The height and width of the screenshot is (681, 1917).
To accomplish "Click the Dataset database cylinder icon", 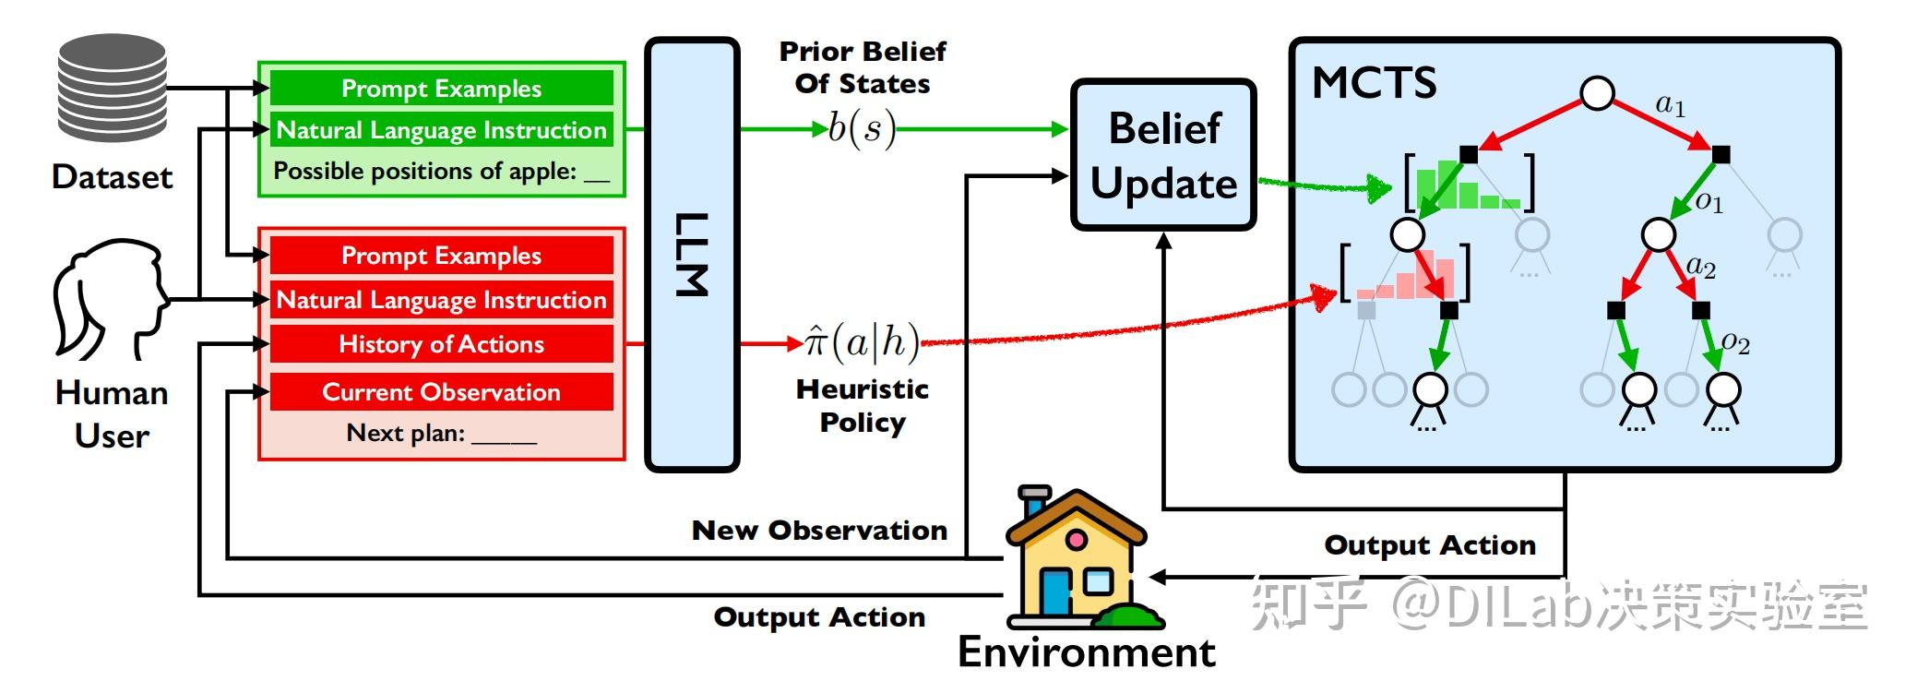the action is pos(113,88).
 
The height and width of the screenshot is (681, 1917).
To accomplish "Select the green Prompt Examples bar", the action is pos(441,89).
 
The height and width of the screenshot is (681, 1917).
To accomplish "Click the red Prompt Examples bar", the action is pos(441,256).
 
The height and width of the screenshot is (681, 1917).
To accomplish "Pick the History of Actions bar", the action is pos(441,344).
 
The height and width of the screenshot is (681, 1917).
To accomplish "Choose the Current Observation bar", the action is pos(441,392).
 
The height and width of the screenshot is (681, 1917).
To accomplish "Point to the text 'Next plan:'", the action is pos(406,433).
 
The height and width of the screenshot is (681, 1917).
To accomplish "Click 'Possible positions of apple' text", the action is pos(424,172).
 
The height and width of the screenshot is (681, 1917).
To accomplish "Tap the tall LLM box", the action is pos(692,255).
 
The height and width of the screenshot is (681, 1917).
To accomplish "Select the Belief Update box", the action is pos(1163,155).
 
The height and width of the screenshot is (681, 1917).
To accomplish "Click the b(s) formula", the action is pos(862,129).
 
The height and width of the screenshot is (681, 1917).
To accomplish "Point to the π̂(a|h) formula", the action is pos(862,342).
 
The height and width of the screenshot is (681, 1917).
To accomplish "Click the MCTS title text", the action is pos(1374,83).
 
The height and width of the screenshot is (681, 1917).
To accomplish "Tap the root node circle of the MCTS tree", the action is pos(1597,93).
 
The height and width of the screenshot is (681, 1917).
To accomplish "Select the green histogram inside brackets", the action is pos(1469,185).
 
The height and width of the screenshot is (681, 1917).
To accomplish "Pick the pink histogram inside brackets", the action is pos(1405,275).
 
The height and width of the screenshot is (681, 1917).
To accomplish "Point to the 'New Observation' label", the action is pos(819,531).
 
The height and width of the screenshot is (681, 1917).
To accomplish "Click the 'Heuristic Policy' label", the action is pos(863,406).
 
